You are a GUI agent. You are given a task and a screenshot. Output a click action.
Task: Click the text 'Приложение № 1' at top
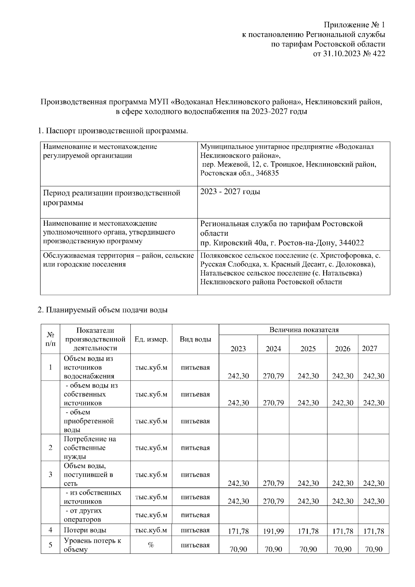354,25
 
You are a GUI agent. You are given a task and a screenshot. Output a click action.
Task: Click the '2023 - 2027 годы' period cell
230,192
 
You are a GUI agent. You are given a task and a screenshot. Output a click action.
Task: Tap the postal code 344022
351,243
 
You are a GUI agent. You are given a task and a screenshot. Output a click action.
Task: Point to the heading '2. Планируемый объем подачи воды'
102,310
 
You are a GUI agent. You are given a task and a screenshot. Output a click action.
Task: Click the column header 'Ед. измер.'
151,339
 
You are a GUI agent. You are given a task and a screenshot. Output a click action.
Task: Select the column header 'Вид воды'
195,339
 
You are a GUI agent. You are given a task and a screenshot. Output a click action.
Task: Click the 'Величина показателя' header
304,329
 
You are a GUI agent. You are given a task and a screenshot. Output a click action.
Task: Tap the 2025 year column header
308,348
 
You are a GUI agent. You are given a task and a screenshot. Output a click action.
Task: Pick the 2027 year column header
369,348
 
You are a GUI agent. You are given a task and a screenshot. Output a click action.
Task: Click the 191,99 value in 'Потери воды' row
273,531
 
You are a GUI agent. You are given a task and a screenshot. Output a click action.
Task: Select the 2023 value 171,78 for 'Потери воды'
238,531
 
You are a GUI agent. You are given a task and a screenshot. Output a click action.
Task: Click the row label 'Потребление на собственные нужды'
90,448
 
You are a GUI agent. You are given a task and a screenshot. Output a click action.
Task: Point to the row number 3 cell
50,474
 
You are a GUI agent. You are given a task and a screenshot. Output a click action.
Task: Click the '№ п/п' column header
50,339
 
